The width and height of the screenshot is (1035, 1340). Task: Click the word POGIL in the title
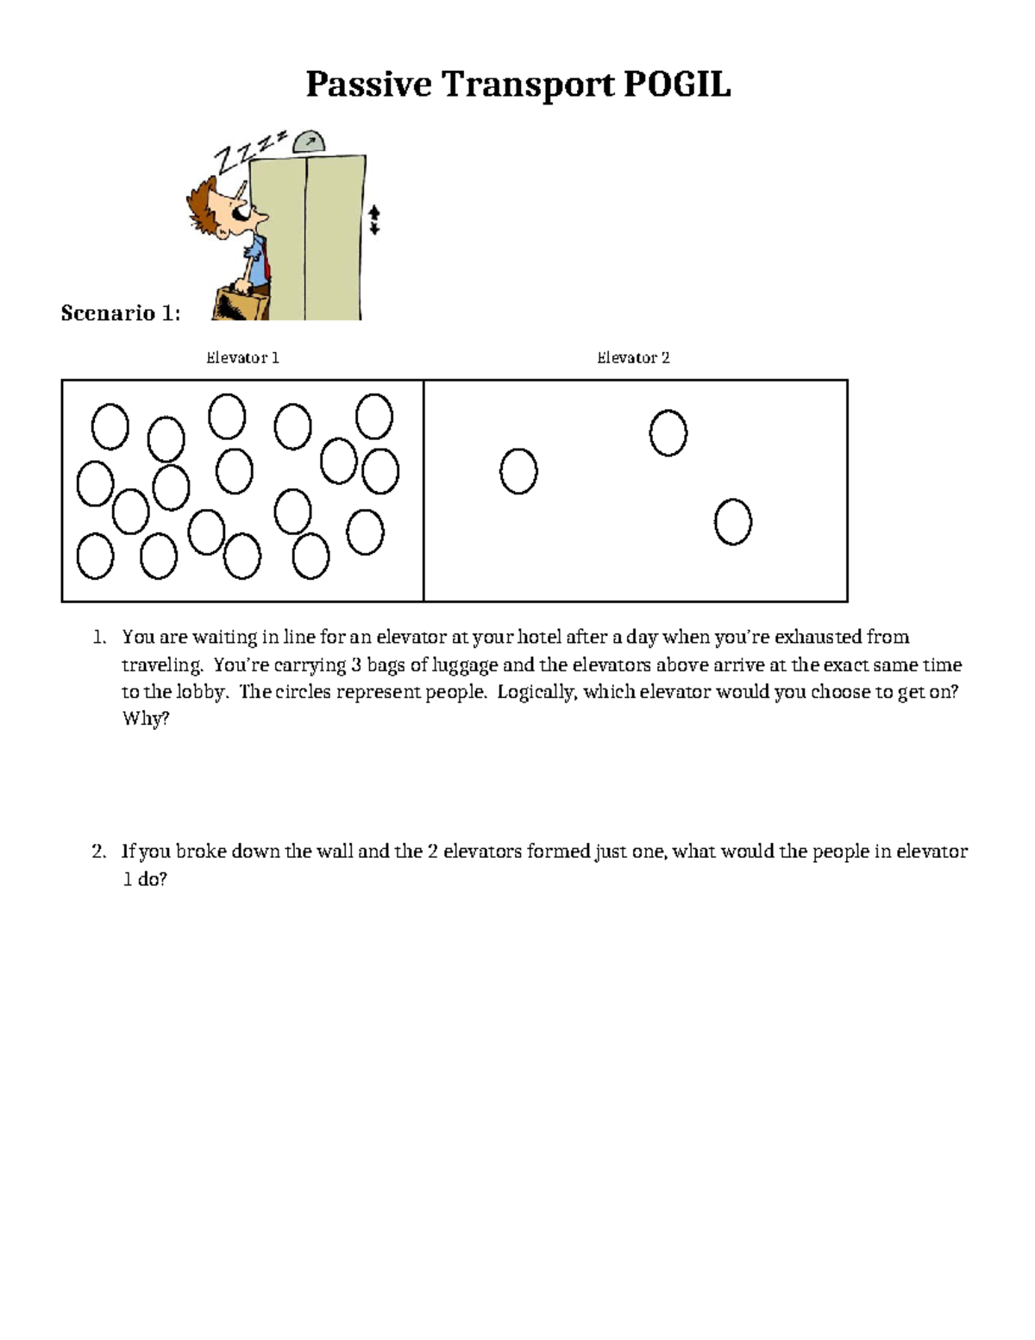coord(676,85)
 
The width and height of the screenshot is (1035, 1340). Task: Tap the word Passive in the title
coord(368,85)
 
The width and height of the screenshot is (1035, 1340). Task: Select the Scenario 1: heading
coord(120,312)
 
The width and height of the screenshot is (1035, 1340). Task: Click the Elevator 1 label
coord(242,357)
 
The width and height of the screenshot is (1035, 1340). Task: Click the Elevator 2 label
coord(633,357)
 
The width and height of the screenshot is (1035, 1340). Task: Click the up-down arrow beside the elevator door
coord(374,219)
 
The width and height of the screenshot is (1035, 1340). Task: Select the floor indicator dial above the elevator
coord(309,142)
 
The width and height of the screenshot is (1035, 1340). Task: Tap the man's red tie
coord(267,259)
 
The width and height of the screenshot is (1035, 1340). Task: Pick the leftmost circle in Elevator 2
coord(518,471)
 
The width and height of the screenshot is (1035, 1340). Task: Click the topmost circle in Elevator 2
coord(668,433)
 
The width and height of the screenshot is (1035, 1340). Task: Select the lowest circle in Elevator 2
coord(733,522)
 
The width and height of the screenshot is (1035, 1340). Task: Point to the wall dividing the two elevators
coord(423,490)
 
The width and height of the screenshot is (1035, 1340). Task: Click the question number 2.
coord(98,852)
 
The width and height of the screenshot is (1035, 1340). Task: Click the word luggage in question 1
coord(466,664)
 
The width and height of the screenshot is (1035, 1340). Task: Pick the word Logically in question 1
coord(536,692)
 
